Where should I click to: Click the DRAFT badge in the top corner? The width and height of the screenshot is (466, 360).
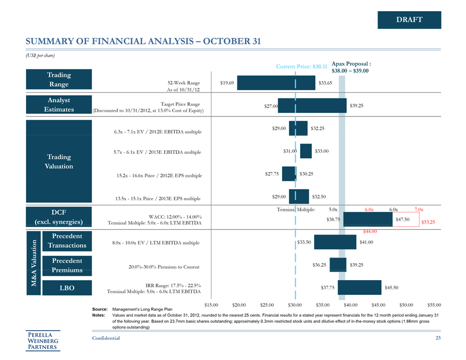pos(409,20)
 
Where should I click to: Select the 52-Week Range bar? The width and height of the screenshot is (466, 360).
pos(276,83)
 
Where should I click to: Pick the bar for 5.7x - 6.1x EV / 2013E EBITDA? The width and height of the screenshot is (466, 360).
pos(306,151)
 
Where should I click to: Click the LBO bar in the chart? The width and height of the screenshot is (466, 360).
pos(360,287)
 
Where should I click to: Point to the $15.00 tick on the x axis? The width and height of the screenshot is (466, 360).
pos(212,305)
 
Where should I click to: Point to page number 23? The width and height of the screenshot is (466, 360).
pos(437,338)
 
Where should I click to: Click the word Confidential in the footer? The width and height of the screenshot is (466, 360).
pos(106,338)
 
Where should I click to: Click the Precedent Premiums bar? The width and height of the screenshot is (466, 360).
pos(336,265)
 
